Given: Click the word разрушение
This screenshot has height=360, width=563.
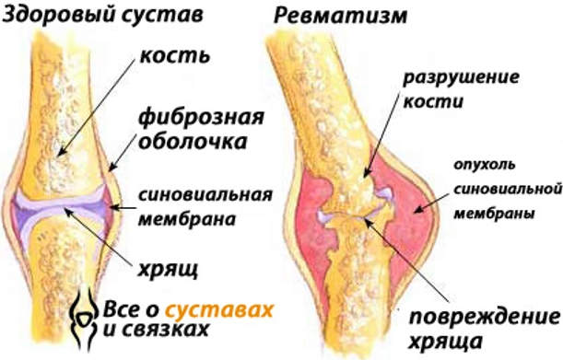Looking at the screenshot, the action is click(445, 75).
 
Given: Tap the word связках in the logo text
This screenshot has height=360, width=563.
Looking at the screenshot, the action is click(171, 328).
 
